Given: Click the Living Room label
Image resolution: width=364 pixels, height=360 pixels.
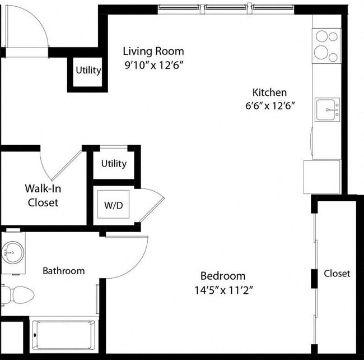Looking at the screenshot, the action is click(x=153, y=51).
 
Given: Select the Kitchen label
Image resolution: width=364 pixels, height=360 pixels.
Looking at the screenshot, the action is click(x=269, y=93).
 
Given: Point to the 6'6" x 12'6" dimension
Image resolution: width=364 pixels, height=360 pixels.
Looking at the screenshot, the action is click(x=270, y=106).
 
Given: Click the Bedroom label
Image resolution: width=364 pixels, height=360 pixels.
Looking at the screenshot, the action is click(x=223, y=276).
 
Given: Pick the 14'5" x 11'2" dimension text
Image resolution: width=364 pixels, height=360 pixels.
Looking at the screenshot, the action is click(x=223, y=290).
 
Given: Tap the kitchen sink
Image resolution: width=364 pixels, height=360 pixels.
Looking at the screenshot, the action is click(x=328, y=109).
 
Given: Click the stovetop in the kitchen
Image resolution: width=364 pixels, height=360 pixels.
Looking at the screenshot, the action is click(x=326, y=46).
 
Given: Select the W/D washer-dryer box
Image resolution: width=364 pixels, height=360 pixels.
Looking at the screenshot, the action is click(x=113, y=204).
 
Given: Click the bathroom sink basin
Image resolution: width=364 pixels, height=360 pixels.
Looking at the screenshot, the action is click(x=12, y=252).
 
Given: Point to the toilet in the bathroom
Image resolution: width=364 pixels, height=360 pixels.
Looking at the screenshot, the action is click(x=17, y=295).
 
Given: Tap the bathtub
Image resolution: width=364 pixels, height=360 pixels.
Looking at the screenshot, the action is click(x=64, y=335).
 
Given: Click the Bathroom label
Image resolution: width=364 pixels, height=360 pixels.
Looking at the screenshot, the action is click(x=64, y=271).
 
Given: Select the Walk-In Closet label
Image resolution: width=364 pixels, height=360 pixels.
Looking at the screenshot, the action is click(x=43, y=196).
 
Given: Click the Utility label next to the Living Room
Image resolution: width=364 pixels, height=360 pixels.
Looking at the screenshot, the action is click(x=88, y=70).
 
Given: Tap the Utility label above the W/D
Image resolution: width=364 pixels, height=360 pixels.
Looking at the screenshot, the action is click(x=114, y=164).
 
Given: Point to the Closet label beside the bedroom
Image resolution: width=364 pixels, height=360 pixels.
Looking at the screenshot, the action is click(x=337, y=274).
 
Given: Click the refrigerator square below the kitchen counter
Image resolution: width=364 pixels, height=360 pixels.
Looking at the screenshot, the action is click(x=322, y=177).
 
